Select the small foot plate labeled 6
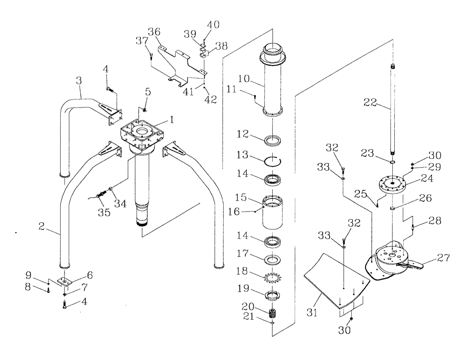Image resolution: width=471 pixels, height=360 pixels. pyautogui.click(x=64, y=282)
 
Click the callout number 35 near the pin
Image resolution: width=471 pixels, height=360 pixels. pyautogui.click(x=104, y=213)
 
